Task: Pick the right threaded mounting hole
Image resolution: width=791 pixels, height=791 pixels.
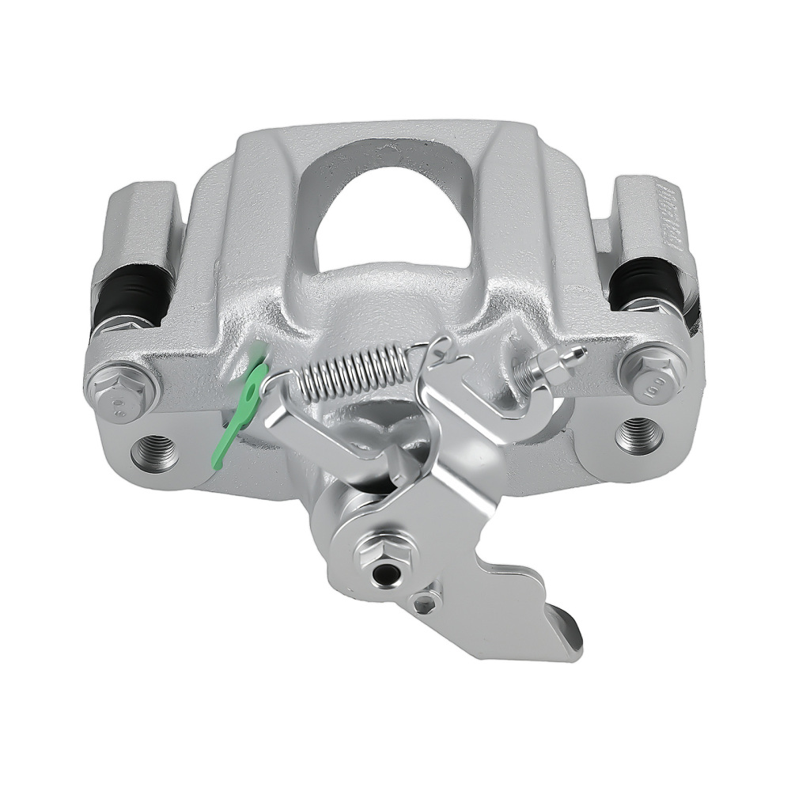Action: (638, 434)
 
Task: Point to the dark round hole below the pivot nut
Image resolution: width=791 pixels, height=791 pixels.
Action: (384, 575)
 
